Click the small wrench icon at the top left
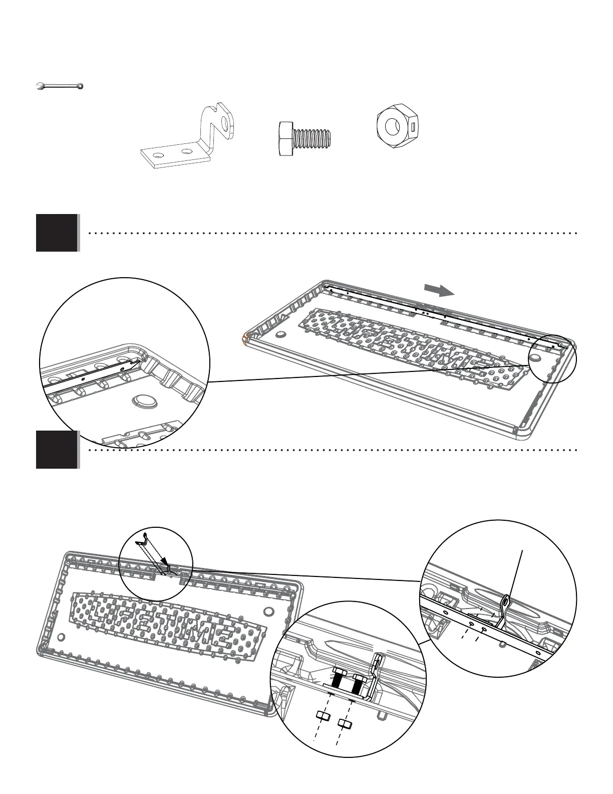point(60,86)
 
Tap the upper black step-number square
point(57,233)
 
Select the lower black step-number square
point(57,450)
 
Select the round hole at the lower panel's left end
point(62,637)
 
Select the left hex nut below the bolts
point(324,715)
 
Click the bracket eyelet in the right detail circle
point(506,600)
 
